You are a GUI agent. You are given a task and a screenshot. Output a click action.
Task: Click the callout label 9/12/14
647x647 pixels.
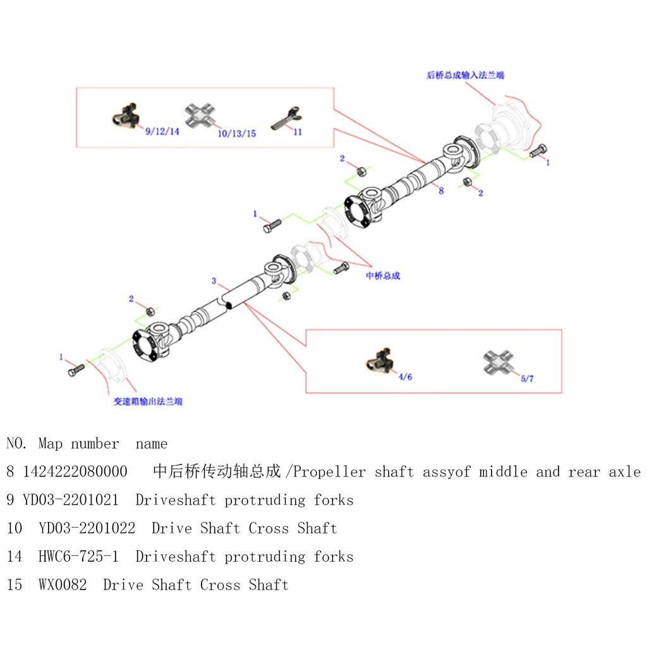click(x=162, y=131)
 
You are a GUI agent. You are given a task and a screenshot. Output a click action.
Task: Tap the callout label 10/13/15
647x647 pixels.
click(x=236, y=133)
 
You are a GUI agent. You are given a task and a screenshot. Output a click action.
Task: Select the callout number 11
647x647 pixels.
click(x=298, y=132)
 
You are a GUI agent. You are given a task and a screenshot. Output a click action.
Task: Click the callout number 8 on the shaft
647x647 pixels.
click(x=441, y=190)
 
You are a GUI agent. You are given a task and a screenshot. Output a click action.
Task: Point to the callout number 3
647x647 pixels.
click(x=214, y=281)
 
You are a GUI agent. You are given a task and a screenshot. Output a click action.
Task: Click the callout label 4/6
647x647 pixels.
click(x=405, y=377)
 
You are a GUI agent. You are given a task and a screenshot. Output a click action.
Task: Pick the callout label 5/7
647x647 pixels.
click(x=528, y=378)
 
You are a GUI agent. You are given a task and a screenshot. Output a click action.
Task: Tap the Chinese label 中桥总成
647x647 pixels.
click(x=383, y=275)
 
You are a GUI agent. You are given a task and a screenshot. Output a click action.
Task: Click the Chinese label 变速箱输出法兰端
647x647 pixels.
click(x=148, y=401)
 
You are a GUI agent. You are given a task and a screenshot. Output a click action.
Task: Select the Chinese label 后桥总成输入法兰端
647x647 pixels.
click(x=465, y=75)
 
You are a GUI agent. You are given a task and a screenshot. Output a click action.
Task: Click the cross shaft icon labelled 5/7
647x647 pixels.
click(x=498, y=361)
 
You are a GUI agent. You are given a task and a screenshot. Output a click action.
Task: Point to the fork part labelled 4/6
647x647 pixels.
click(x=381, y=360)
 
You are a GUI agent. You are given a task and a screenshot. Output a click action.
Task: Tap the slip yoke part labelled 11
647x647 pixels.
click(x=283, y=118)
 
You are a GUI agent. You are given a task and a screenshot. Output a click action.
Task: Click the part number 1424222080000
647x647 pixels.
click(x=75, y=472)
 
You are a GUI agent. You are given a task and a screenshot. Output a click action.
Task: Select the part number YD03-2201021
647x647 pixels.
click(x=71, y=500)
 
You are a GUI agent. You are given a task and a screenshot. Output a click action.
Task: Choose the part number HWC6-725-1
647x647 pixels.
click(x=78, y=557)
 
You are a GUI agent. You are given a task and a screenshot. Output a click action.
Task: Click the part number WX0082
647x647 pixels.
click(x=63, y=585)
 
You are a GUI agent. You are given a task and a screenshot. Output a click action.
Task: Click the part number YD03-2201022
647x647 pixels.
click(x=87, y=528)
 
